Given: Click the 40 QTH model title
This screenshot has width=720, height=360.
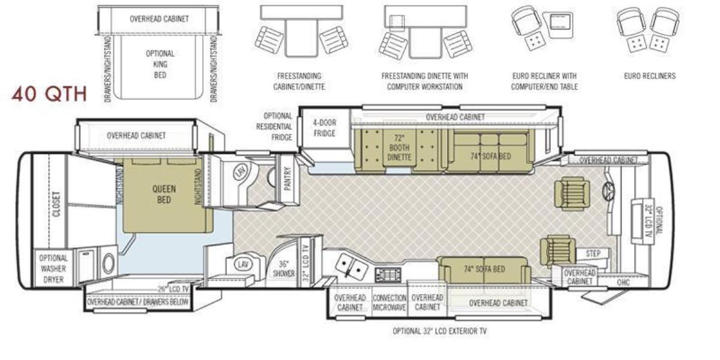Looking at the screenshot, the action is [x=49, y=94].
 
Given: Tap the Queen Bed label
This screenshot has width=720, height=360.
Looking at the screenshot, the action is [x=164, y=194].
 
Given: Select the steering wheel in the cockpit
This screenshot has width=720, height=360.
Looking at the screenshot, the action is [x=608, y=190].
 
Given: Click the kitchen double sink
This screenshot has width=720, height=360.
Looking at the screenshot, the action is [x=351, y=265].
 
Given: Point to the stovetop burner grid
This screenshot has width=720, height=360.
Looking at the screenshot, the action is [x=388, y=275].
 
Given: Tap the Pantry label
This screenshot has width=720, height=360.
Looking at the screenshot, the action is [x=287, y=178].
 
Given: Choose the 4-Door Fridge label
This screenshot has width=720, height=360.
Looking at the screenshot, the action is [x=325, y=128].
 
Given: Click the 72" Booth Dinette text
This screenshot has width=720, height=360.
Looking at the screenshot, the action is [x=399, y=148].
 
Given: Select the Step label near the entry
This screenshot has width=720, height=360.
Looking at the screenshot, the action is [x=593, y=254].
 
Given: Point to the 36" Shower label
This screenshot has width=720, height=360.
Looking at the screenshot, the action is [x=283, y=269].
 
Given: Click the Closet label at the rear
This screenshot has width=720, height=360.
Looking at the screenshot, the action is [x=56, y=205].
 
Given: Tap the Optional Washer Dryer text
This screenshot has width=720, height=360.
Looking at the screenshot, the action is [x=53, y=269].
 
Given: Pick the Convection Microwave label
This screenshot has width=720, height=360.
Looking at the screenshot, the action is [x=389, y=303].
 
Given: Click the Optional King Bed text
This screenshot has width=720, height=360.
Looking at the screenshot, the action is [x=160, y=64].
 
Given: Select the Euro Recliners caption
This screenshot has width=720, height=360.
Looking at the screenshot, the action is [x=650, y=76].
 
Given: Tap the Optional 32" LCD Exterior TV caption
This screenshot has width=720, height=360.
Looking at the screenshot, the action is [x=440, y=331].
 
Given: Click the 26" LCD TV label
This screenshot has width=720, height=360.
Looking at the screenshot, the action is [x=173, y=289].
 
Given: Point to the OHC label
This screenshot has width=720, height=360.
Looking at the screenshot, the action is [x=623, y=282].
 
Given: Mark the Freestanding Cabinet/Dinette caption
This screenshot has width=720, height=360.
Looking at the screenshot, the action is [x=299, y=82].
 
